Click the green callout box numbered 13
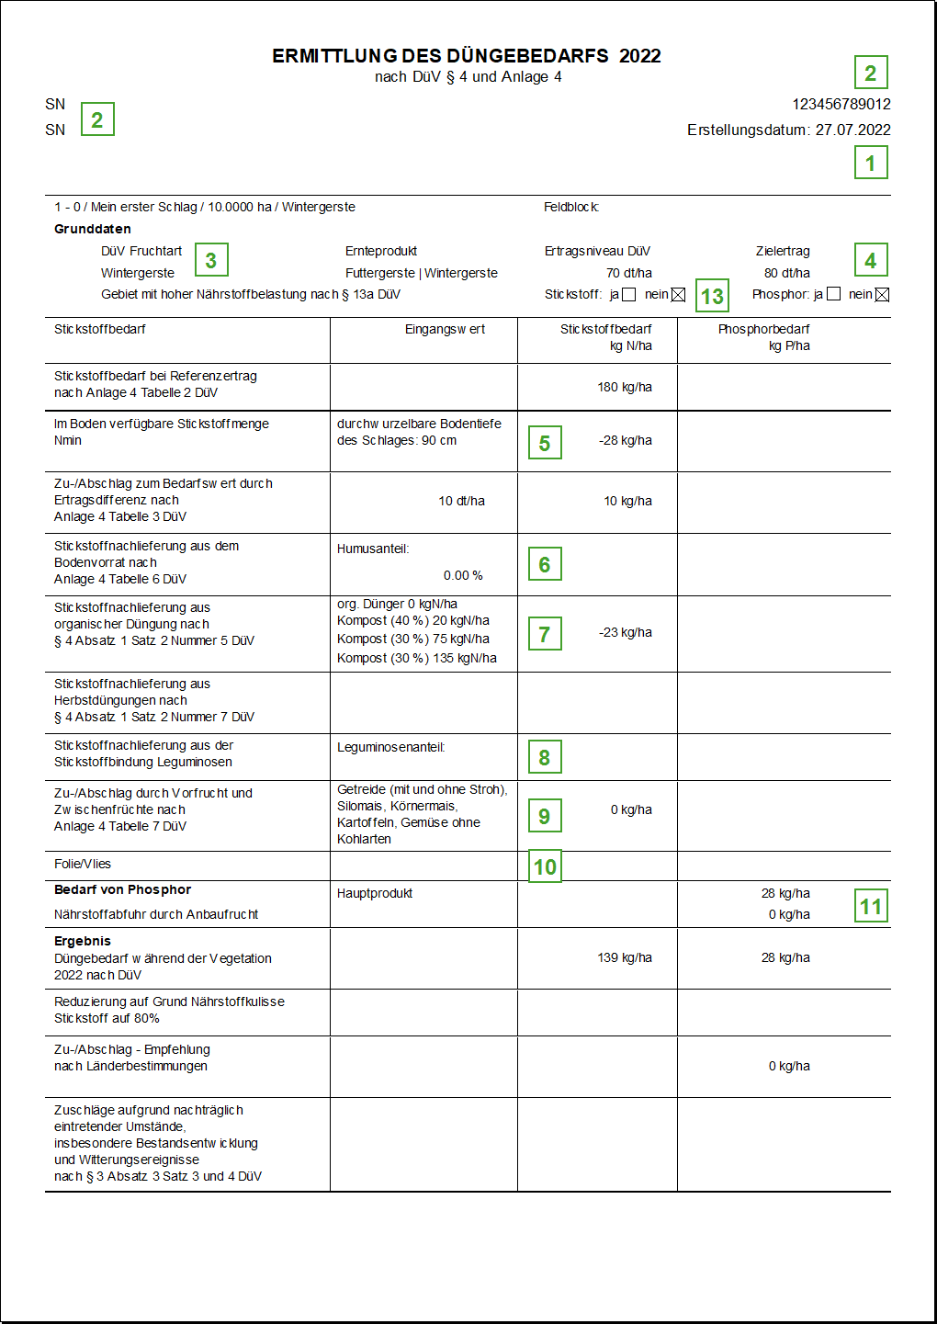pos(712,296)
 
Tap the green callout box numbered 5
pos(545,443)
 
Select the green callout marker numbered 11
pos(871,906)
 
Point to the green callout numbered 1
pos(871,163)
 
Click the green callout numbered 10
pos(545,866)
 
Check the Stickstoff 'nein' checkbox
pos(679,295)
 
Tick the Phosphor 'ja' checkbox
pos(834,294)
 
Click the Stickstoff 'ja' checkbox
pos(629,295)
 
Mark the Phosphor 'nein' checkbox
pos(883,295)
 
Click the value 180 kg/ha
pos(625,387)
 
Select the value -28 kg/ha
pos(626,440)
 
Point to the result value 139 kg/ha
pos(625,957)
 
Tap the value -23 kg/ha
pos(626,632)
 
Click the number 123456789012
pos(841,104)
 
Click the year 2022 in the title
pos(640,56)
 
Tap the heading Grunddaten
pos(93,229)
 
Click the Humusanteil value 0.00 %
pos(463,575)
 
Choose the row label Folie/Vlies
pos(83,864)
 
